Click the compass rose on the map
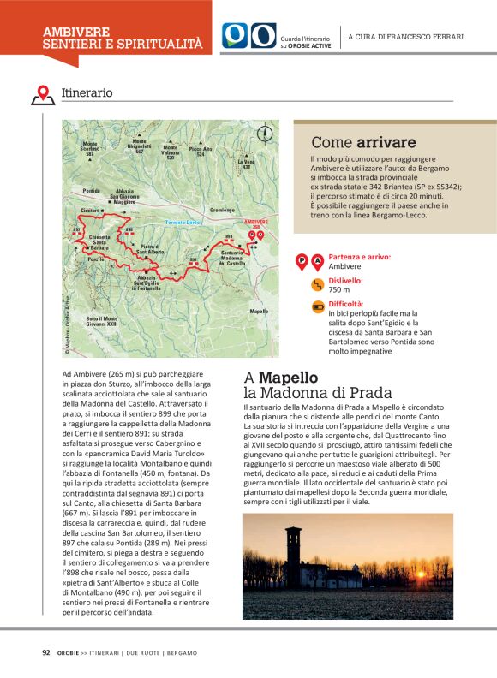pyautogui.click(x=264, y=134)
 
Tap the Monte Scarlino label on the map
pyautogui.click(x=90, y=146)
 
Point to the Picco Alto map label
pyautogui.click(x=202, y=152)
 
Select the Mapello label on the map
pyautogui.click(x=259, y=311)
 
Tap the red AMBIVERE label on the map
pyautogui.click(x=256, y=222)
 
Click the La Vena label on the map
pyautogui.click(x=248, y=164)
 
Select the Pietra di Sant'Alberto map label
pyautogui.click(x=152, y=250)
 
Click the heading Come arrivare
pyautogui.click(x=363, y=142)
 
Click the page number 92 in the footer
pyautogui.click(x=46, y=652)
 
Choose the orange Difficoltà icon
pyautogui.click(x=318, y=306)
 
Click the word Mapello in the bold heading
pyautogui.click(x=289, y=378)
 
